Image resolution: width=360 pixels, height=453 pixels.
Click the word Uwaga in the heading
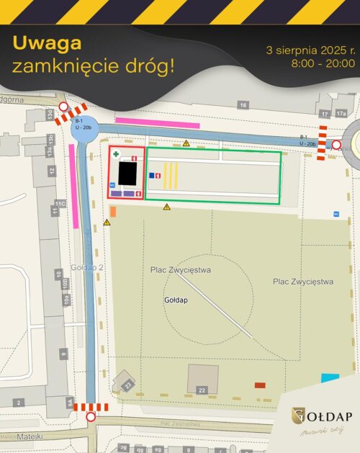pos(42,44)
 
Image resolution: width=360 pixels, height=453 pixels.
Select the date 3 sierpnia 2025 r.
pos(310,50)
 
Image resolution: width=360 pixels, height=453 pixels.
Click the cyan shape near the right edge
pos(330,377)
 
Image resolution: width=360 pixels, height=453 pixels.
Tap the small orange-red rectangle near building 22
pos(260,385)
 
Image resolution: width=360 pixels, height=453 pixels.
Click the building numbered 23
pos(124,382)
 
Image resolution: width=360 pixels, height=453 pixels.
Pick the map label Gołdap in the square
pos(176,300)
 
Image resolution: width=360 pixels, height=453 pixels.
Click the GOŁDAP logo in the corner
pos(322,416)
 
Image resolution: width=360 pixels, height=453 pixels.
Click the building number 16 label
pos(243,105)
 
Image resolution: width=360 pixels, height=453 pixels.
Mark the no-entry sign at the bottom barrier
pos(91,417)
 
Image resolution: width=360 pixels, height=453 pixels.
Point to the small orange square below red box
pos(113,211)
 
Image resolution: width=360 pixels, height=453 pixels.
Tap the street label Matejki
pos(32,436)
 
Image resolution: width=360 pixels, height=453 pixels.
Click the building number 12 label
pos(52,171)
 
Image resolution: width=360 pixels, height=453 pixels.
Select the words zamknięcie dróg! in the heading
pos(94,67)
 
